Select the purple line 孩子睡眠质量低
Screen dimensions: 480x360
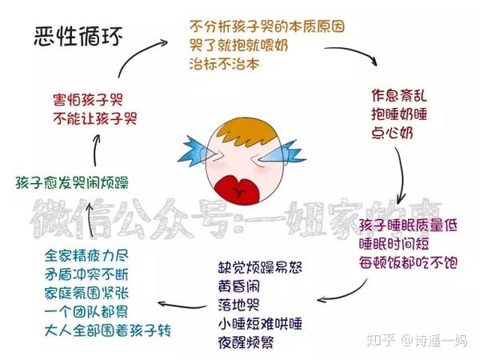pos(407,226)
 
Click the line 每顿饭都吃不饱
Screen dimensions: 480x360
pos(407,262)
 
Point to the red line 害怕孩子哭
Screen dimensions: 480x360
pos(87,102)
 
